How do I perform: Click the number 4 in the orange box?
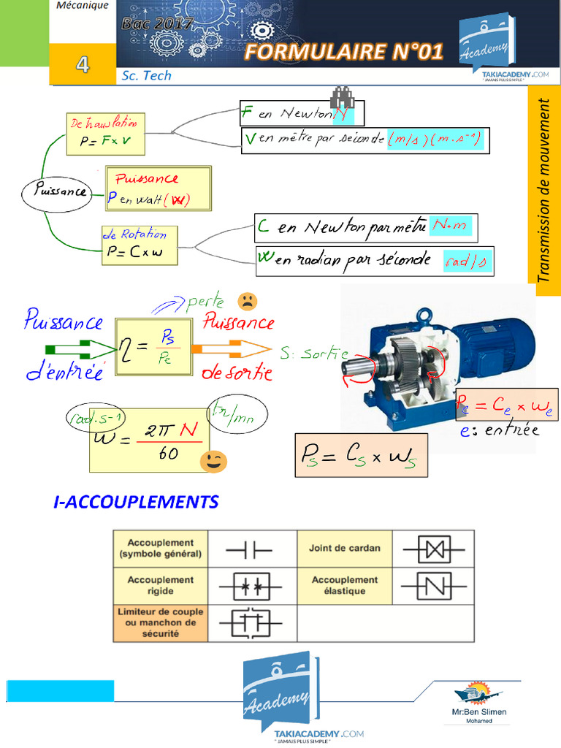(x=82, y=65)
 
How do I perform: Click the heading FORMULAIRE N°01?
(x=343, y=52)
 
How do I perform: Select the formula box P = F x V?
(x=106, y=134)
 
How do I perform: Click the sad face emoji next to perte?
(x=248, y=300)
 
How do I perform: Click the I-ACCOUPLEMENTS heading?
(x=137, y=503)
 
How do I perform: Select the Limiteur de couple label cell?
(x=160, y=622)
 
